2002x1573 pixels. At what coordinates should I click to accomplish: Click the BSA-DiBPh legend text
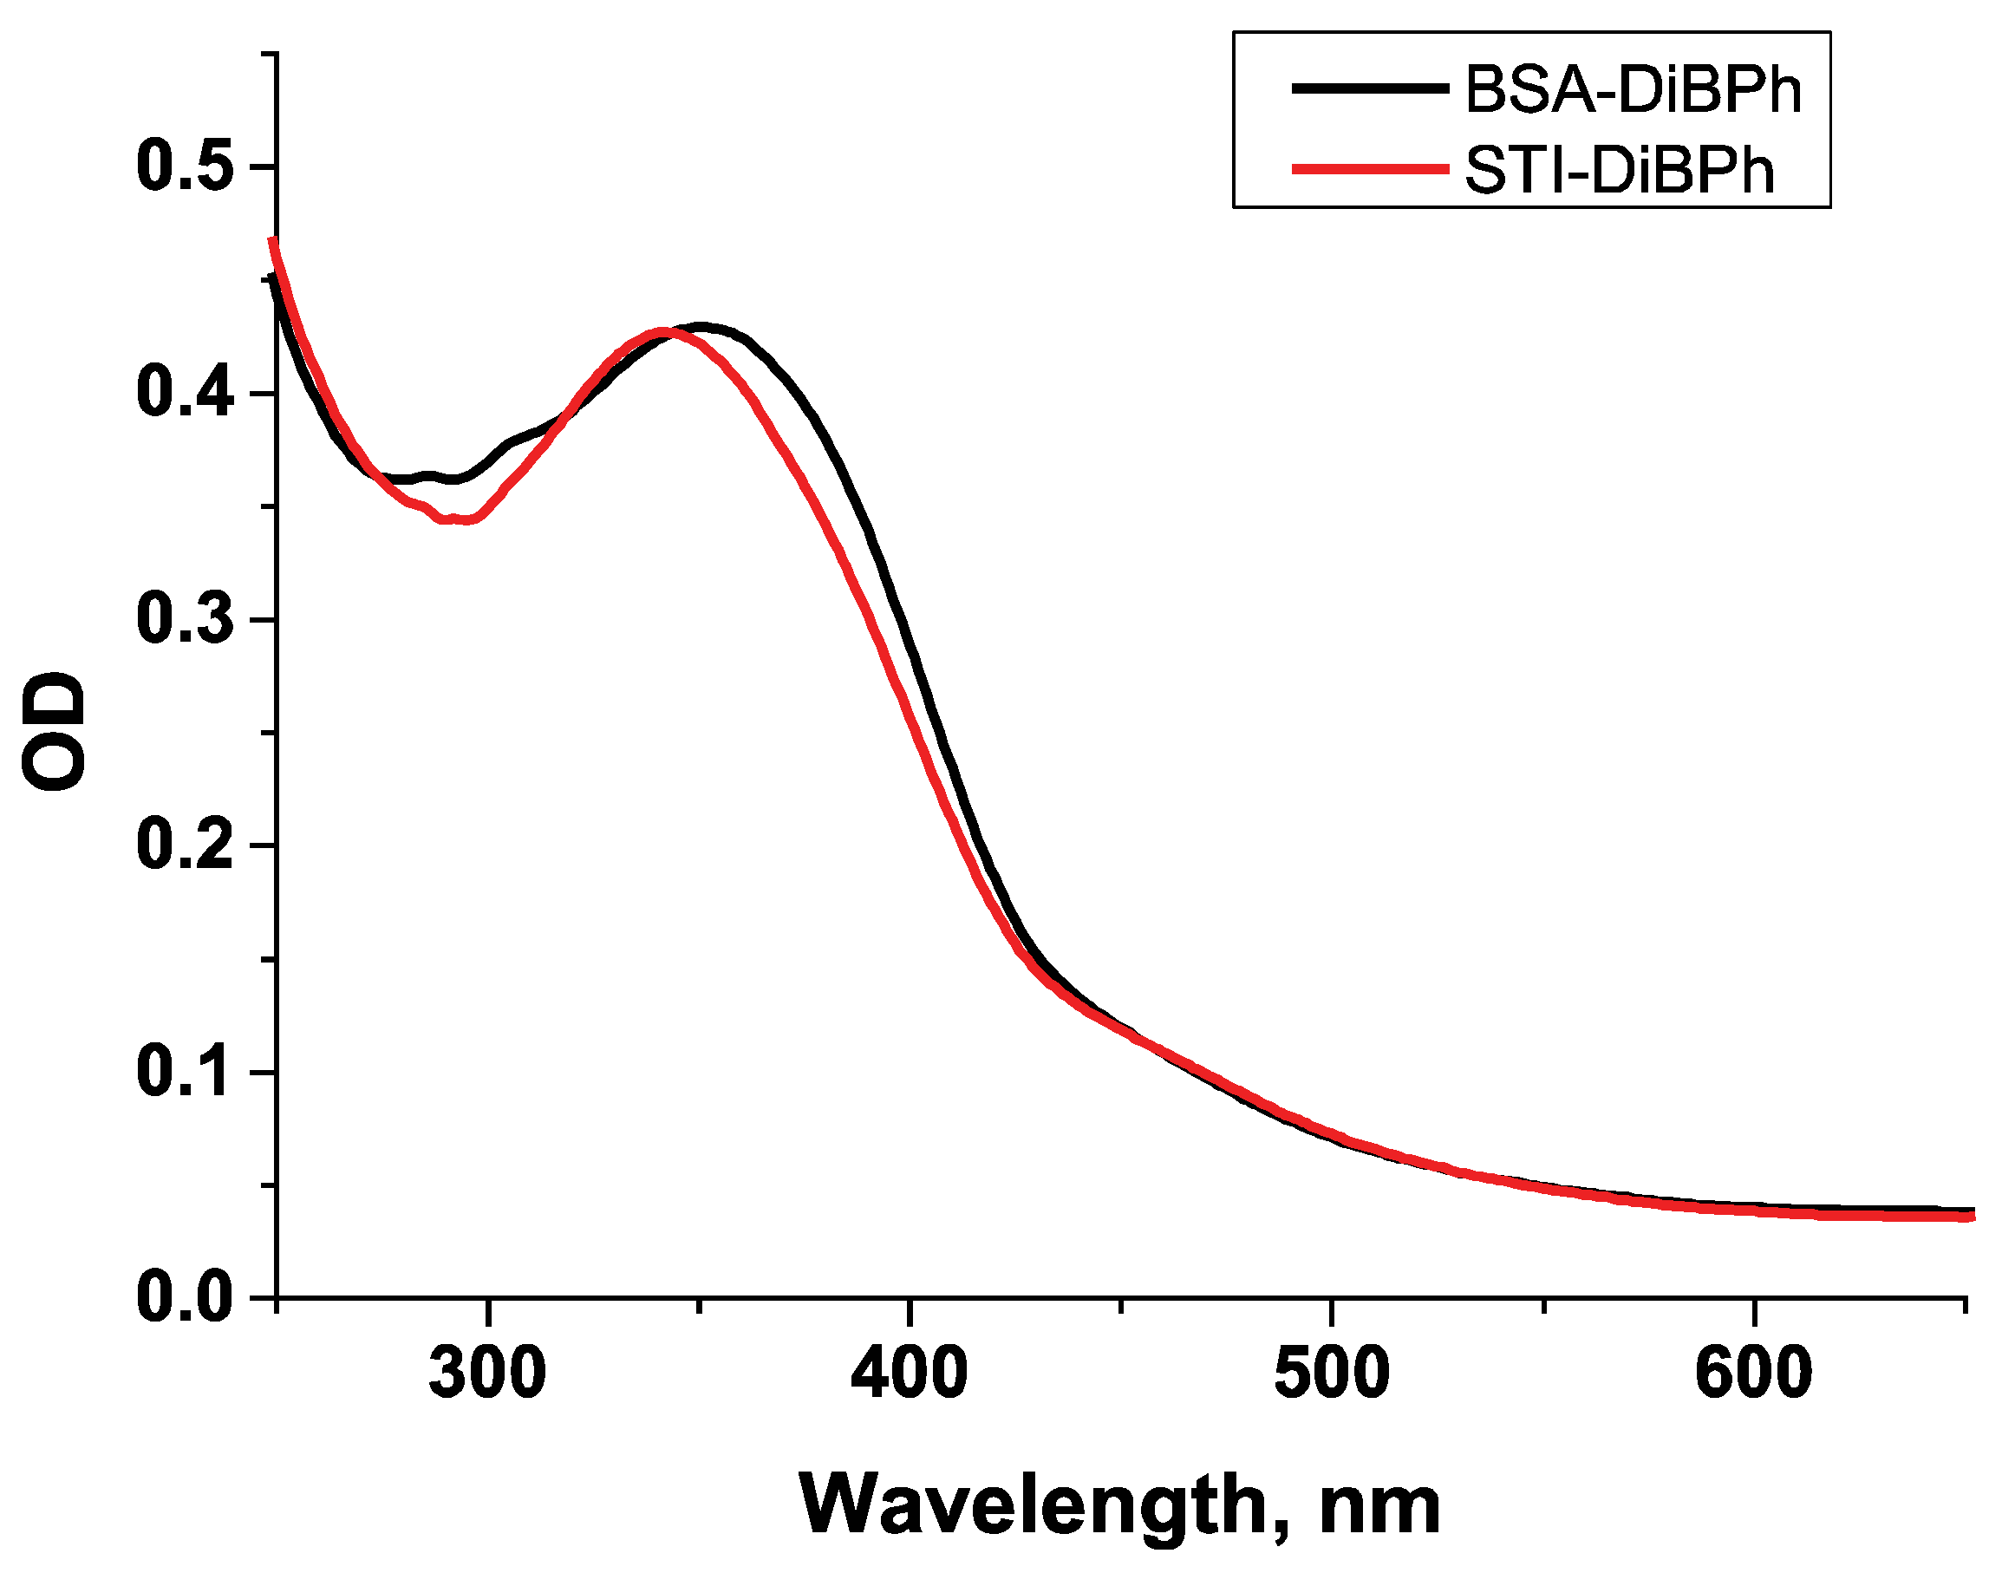(1632, 90)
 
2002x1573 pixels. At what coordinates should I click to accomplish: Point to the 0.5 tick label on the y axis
(183, 166)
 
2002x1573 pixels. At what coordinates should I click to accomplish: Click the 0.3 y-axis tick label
(183, 618)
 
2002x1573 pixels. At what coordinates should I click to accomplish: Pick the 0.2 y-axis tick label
(183, 845)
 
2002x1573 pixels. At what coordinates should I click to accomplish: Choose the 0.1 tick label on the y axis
(183, 1071)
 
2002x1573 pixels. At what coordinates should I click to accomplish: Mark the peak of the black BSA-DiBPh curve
(701, 327)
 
